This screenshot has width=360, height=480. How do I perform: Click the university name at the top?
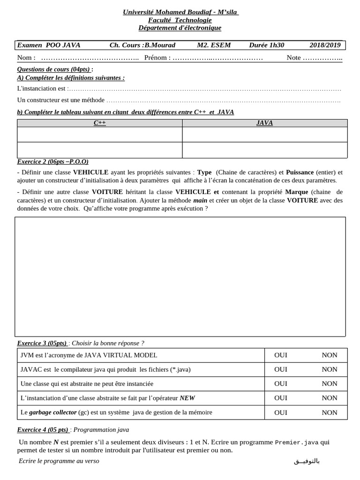[180, 12]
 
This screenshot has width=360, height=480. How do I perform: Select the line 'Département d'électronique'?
[180, 28]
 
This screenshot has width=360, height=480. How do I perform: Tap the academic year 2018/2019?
[325, 45]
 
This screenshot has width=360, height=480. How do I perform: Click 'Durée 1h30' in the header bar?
[266, 45]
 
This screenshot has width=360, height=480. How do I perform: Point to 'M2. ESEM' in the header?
[214, 45]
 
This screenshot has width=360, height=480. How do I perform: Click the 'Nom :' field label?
[26, 58]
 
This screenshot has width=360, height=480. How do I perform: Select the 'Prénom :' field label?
[157, 58]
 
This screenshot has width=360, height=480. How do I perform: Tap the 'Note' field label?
[294, 58]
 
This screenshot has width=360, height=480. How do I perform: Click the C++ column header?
[99, 123]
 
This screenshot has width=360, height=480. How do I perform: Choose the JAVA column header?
[264, 123]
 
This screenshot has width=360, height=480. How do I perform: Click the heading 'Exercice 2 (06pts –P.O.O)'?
[52, 161]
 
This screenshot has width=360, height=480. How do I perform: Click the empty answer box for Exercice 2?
[180, 277]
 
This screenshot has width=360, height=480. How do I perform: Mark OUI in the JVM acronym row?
[281, 355]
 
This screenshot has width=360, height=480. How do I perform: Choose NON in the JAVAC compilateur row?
[330, 369]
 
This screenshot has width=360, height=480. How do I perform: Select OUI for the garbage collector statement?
[281, 412]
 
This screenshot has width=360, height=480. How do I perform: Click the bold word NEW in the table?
[187, 398]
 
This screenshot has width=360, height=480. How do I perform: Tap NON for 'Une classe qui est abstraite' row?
[330, 383]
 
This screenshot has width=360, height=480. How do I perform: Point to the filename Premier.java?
[297, 442]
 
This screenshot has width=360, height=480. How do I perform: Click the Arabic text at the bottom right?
[307, 461]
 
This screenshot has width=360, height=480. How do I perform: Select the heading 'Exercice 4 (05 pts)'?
[43, 429]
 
